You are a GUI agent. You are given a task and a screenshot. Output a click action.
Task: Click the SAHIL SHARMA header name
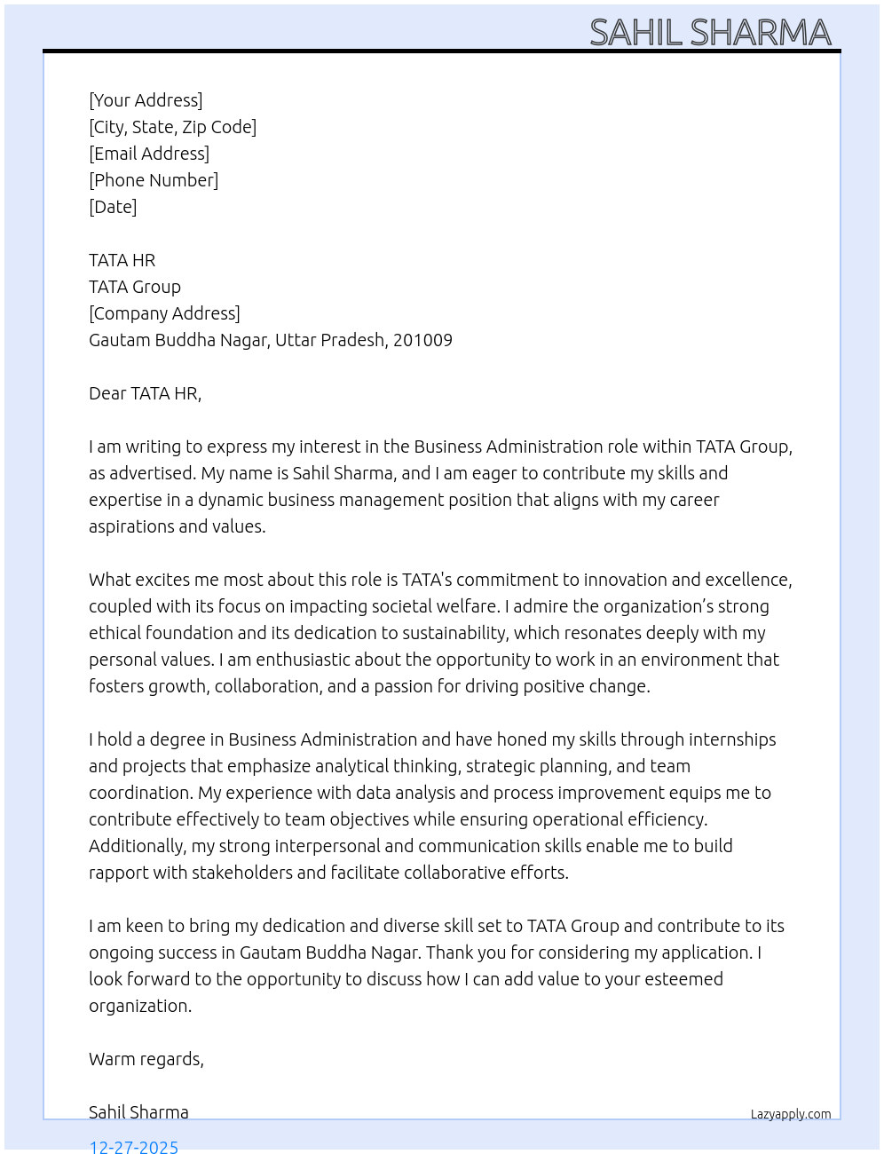click(x=710, y=33)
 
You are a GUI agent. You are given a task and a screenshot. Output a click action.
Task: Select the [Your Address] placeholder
click(x=146, y=100)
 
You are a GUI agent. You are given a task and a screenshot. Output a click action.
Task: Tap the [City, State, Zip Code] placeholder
click(x=172, y=127)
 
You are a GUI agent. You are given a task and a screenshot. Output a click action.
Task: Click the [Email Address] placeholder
click(x=149, y=154)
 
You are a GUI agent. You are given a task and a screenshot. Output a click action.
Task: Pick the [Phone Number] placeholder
click(x=154, y=180)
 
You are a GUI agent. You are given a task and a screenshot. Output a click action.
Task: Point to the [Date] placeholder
click(x=113, y=207)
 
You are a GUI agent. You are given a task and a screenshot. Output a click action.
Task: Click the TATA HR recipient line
click(x=122, y=260)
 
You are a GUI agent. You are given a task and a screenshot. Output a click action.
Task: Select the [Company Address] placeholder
click(x=164, y=313)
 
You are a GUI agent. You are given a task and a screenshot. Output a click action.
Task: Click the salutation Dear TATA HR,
click(x=145, y=393)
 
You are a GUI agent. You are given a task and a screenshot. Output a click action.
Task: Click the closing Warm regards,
click(x=146, y=1059)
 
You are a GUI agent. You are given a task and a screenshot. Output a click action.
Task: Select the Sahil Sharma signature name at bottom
click(x=138, y=1112)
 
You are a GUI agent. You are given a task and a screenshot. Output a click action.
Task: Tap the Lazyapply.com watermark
click(x=791, y=1114)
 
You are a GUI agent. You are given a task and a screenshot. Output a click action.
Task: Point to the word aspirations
click(x=130, y=526)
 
